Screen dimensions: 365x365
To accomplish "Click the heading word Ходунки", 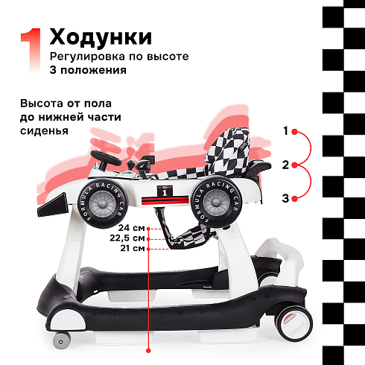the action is (101, 37).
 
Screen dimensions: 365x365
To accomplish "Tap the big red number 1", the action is (31, 51).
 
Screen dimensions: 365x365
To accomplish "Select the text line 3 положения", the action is (88, 70).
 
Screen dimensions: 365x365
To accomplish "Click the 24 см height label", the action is (131, 228).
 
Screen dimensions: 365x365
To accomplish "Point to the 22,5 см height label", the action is (127, 238).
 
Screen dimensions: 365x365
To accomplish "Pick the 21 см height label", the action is (133, 248).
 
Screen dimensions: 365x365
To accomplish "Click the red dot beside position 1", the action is (294, 132).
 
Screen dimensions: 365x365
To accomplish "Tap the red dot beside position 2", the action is (294, 165).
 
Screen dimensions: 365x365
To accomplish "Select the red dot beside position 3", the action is (294, 199).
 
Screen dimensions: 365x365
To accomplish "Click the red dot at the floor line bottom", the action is (148, 351).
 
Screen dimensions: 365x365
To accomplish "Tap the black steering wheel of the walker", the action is (106, 158).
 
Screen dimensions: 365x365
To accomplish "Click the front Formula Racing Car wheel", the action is (103, 203).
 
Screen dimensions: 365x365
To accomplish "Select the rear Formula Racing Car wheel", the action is (217, 202).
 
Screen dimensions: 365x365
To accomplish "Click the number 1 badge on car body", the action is (165, 191).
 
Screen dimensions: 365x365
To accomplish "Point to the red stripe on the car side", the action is (165, 200).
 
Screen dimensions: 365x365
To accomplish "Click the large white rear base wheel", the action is (295, 324).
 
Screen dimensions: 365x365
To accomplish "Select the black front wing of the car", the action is (53, 206).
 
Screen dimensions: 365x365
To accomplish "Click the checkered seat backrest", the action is (229, 149).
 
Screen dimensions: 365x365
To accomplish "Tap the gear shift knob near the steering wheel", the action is (130, 164).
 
